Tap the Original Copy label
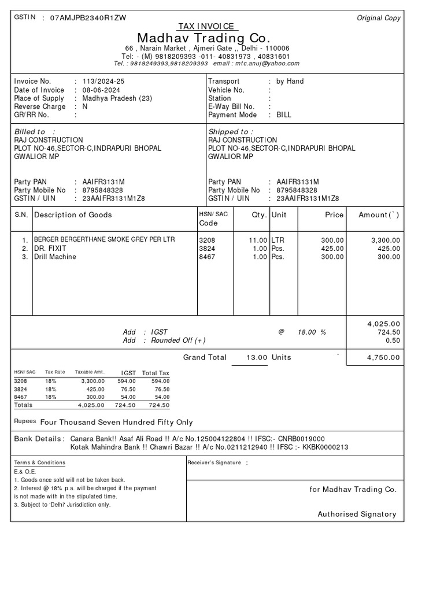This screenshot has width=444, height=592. point(379,18)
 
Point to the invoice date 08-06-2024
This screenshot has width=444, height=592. point(102,90)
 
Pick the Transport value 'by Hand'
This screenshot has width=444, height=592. point(290,82)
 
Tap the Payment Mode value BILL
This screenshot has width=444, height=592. point(284,115)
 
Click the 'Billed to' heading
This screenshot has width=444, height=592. point(30,132)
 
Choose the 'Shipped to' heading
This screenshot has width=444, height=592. point(230,132)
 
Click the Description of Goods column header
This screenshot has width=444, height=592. point(73,215)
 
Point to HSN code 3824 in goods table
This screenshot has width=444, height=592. point(206,249)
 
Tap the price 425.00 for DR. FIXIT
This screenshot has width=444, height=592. point(332,249)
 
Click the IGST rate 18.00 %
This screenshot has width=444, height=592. point(312,332)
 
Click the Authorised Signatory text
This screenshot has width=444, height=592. point(357,514)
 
